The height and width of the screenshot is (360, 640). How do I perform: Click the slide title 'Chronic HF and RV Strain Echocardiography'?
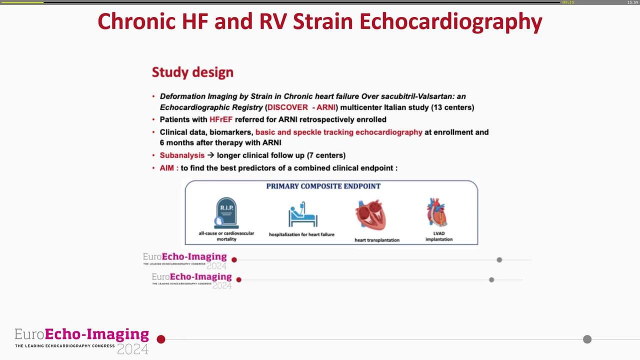tap(319, 21)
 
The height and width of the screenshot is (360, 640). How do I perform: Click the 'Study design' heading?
tap(192, 72)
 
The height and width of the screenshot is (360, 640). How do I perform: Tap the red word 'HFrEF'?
tap(221, 119)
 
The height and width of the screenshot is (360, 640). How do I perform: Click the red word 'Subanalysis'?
tap(182, 155)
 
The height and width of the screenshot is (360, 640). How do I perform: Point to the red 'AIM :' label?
tap(169, 168)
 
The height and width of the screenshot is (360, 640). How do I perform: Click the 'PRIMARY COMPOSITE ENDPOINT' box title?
tap(323, 186)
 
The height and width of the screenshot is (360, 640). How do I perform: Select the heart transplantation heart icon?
tap(371, 215)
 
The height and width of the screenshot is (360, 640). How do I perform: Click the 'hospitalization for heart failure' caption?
tap(301, 234)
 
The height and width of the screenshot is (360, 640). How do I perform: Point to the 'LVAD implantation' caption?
tap(439, 236)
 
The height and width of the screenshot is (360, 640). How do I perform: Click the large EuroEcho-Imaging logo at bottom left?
tap(82, 340)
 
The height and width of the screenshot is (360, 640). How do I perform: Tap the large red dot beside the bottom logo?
tap(161, 339)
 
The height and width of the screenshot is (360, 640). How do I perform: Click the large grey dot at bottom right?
tap(587, 339)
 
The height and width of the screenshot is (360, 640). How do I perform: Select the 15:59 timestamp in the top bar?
tap(632, 2)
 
